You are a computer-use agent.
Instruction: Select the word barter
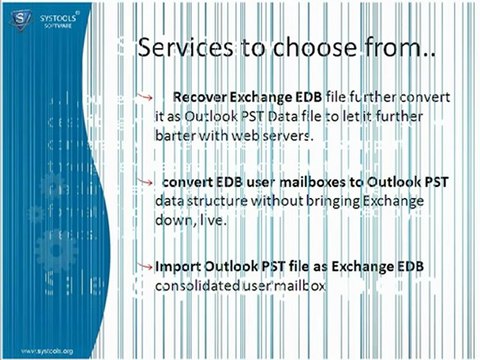pos(176,134)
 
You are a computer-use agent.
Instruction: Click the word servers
pos(289,134)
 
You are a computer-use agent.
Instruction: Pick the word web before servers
pos(249,134)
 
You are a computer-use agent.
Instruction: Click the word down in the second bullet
pos(174,220)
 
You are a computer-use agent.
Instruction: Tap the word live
pos(212,220)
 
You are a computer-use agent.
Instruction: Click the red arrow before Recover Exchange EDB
pos(146,97)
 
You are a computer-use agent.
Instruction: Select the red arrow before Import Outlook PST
pos(146,267)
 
